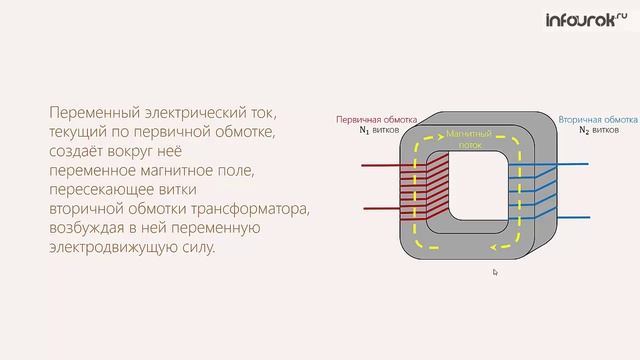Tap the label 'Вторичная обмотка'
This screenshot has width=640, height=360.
click(x=598, y=119)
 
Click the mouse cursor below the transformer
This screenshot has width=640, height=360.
click(x=495, y=271)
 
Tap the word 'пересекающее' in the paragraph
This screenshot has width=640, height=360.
click(x=98, y=190)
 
